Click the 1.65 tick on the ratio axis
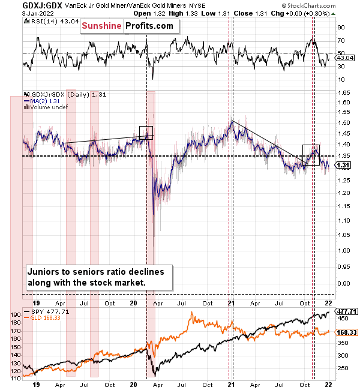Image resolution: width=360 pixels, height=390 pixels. click(x=344, y=93)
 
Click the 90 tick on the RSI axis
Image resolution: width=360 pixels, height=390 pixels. click(x=340, y=28)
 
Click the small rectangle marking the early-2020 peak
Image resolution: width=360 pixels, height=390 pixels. click(x=146, y=133)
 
